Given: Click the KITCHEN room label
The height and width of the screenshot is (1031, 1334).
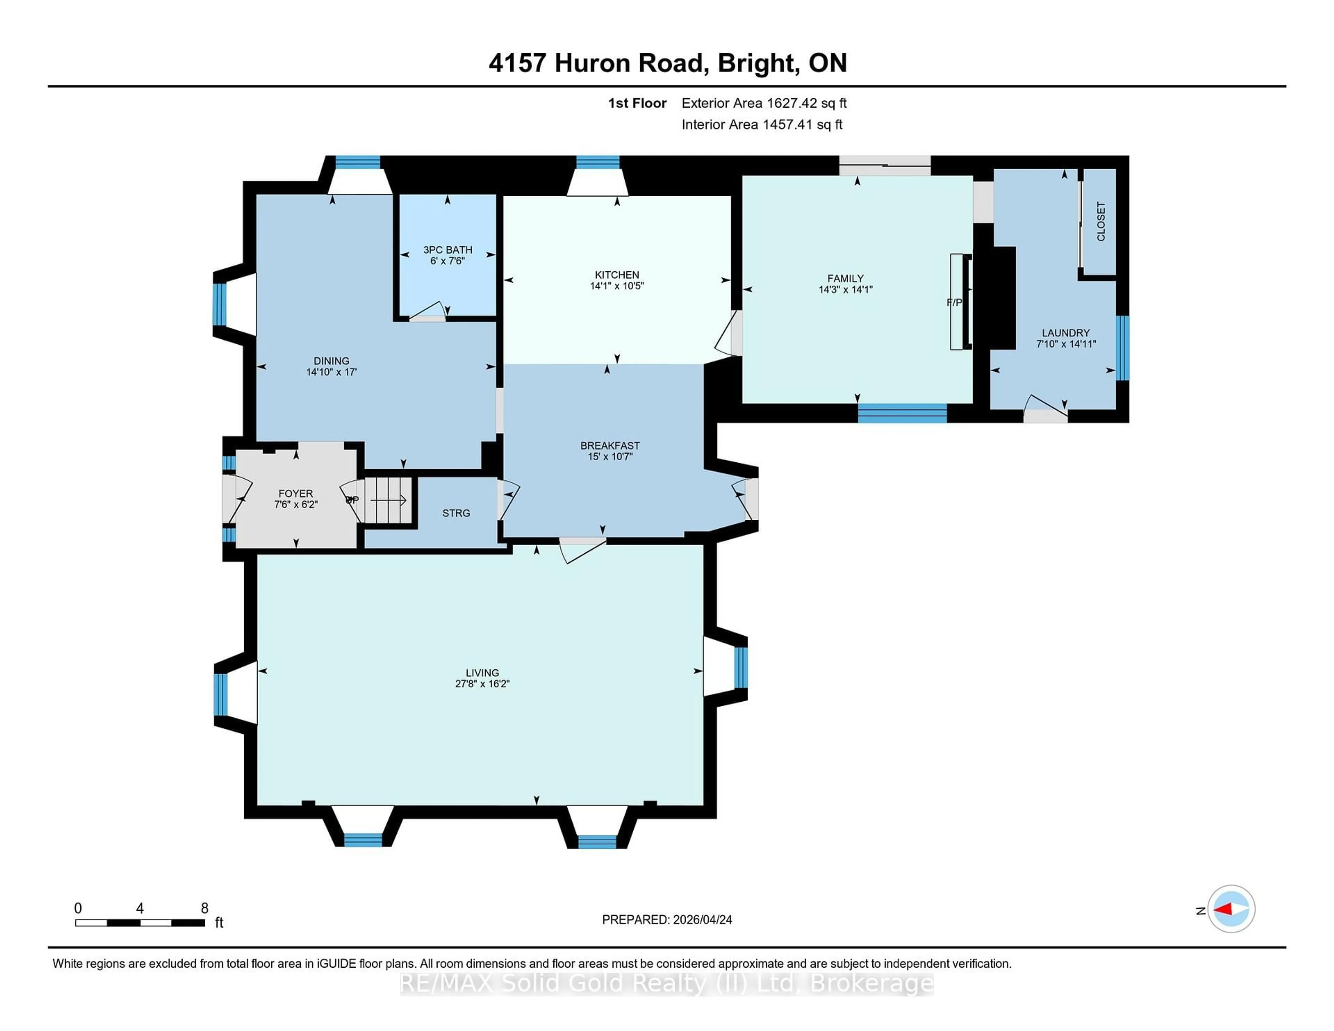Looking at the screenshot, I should (x=617, y=275).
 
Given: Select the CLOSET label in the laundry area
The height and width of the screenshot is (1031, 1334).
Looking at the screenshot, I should (x=1101, y=222).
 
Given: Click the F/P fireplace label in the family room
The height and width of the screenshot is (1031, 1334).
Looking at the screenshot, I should (x=954, y=302).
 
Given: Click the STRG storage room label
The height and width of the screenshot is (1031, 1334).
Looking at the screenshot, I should (x=456, y=513).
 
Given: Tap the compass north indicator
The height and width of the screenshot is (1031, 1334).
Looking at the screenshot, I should (x=1231, y=909).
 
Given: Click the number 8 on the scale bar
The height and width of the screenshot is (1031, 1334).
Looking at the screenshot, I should (x=205, y=908).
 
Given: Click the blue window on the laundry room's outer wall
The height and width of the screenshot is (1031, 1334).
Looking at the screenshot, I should (x=1123, y=348).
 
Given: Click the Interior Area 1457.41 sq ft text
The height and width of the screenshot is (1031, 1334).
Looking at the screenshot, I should (x=762, y=125).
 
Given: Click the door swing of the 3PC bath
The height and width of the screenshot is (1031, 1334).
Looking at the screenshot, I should (x=429, y=312).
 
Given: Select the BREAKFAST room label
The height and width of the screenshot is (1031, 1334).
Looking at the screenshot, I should (x=610, y=446).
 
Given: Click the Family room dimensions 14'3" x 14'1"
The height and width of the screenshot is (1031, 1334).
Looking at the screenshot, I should (x=845, y=289).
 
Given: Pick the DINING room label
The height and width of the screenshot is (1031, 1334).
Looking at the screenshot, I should (x=331, y=361).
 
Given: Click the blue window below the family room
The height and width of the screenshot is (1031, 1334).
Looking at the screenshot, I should (x=902, y=413).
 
